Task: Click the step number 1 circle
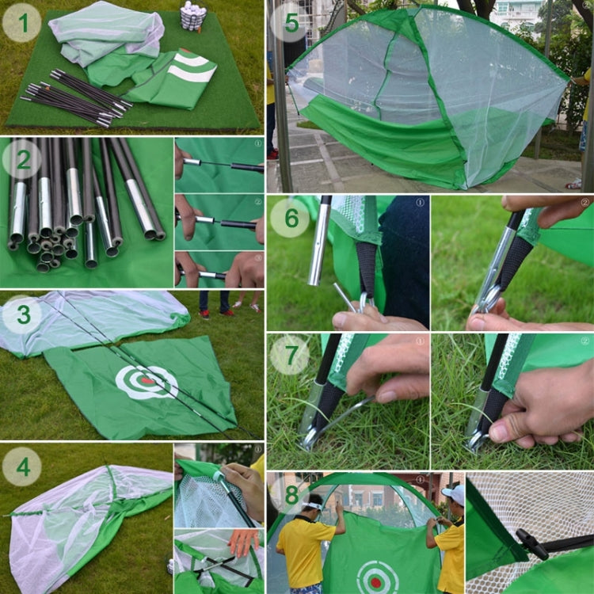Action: click(22, 23)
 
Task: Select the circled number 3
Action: click(22, 314)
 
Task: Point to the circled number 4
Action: click(22, 466)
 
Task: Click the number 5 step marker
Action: click(291, 23)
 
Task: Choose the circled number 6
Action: click(291, 218)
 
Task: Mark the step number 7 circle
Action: click(291, 355)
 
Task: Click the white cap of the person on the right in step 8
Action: click(454, 494)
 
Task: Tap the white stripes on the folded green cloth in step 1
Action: click(194, 68)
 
